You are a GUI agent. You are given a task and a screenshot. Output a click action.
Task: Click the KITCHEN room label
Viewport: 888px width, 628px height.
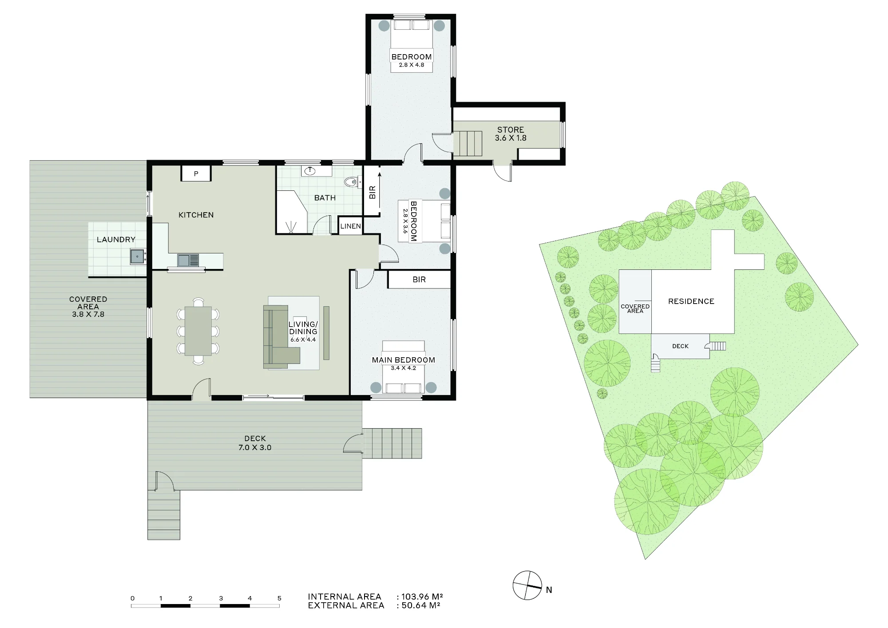[196, 215]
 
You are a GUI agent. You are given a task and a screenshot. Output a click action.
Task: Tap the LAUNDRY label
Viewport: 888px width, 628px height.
[116, 240]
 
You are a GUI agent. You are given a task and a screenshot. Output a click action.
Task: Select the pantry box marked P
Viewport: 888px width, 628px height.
[196, 174]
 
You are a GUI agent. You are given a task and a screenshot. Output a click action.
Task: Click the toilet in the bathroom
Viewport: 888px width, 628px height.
[353, 182]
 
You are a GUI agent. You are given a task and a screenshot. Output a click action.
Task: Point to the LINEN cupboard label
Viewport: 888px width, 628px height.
[351, 226]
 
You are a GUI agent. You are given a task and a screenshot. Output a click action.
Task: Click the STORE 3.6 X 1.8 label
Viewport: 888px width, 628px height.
[511, 134]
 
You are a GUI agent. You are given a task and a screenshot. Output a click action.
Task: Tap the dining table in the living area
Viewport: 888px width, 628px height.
[198, 331]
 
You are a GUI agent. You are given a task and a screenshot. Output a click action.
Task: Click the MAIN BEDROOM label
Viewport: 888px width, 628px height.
[403, 360]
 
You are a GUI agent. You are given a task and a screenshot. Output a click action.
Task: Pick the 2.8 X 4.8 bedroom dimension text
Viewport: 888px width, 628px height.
[412, 65]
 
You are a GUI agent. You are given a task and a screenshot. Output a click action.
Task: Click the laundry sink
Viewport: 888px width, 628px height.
[138, 257]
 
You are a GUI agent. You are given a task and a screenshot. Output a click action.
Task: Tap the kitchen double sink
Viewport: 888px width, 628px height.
[189, 260]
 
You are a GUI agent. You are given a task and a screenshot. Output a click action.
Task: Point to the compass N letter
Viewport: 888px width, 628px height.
[549, 590]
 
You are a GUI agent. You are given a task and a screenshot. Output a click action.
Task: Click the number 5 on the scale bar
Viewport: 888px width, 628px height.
[279, 598]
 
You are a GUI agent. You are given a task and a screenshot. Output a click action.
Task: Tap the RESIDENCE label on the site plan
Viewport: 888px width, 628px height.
[691, 301]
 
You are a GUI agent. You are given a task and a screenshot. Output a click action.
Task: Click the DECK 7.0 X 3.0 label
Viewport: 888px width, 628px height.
[255, 443]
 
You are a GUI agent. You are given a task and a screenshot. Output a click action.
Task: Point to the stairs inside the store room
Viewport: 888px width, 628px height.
[467, 143]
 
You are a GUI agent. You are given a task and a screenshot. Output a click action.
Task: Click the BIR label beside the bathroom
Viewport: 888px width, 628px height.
[373, 192]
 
